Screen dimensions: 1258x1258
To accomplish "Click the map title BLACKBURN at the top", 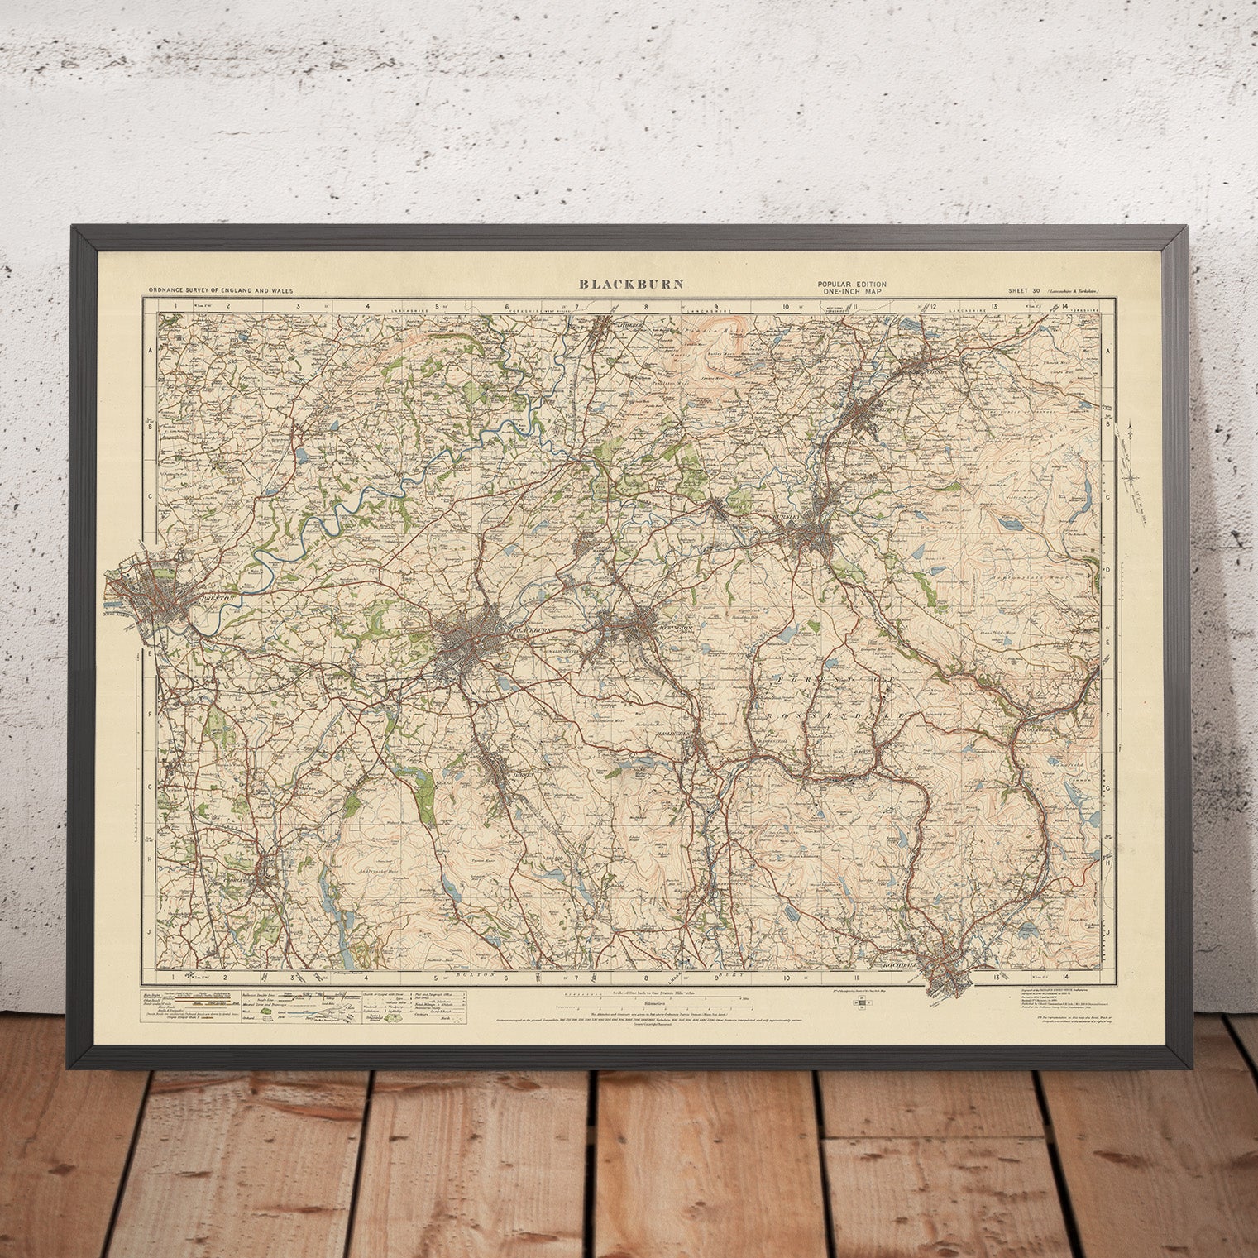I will tap(630, 284).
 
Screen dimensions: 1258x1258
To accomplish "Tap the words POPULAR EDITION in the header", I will tap(850, 285).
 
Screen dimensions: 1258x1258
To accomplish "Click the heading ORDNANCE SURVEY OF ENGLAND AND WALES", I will tap(220, 291).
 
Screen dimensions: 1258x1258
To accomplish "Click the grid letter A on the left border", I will tap(150, 350).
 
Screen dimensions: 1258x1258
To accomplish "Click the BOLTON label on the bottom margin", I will tap(480, 975).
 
